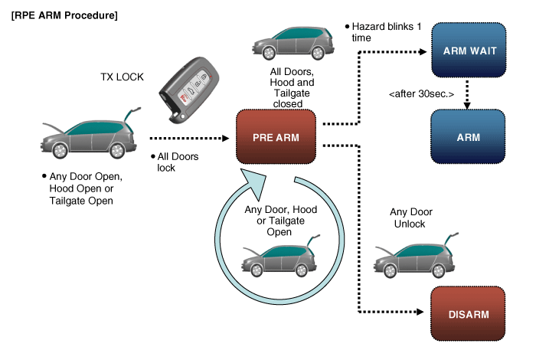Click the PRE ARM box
[x=276, y=138]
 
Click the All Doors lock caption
[x=168, y=162]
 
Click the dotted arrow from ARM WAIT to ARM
[x=468, y=93]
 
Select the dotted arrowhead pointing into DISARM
[x=420, y=313]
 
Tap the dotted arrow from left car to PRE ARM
[x=188, y=139]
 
